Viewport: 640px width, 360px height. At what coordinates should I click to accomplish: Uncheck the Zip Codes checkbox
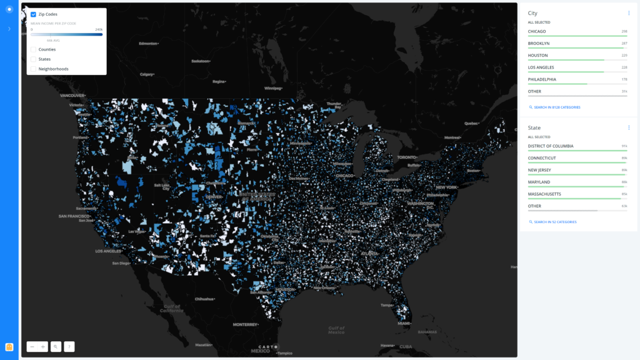(x=33, y=14)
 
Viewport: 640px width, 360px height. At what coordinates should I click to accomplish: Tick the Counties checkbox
(x=33, y=49)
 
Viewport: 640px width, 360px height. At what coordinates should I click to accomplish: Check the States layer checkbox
(x=33, y=59)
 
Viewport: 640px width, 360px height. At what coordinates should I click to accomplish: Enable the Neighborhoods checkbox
(x=33, y=69)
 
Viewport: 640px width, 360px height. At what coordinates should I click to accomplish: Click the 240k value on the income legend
(x=99, y=29)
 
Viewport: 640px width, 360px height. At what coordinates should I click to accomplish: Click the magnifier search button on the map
(x=56, y=346)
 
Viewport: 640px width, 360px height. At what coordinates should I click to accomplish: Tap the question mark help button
(x=69, y=346)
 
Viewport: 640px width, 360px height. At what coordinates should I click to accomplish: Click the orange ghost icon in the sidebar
(x=9, y=347)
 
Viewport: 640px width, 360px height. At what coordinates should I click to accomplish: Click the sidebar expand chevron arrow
(x=9, y=29)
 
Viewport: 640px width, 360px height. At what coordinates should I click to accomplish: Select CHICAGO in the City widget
(x=537, y=31)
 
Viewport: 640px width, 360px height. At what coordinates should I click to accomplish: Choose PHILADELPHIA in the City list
(x=542, y=79)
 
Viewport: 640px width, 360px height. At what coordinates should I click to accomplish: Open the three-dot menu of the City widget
(x=629, y=12)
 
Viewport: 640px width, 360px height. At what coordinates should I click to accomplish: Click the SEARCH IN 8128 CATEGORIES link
(x=557, y=107)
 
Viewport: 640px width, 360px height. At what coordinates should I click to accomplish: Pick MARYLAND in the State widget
(x=539, y=182)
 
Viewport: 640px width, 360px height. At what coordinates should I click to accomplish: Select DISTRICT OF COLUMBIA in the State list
(x=551, y=146)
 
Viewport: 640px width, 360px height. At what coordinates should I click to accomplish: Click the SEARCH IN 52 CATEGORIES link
(x=555, y=222)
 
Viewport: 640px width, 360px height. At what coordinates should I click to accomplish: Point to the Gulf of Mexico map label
(x=336, y=330)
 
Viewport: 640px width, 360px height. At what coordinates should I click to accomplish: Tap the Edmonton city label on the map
(x=149, y=44)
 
